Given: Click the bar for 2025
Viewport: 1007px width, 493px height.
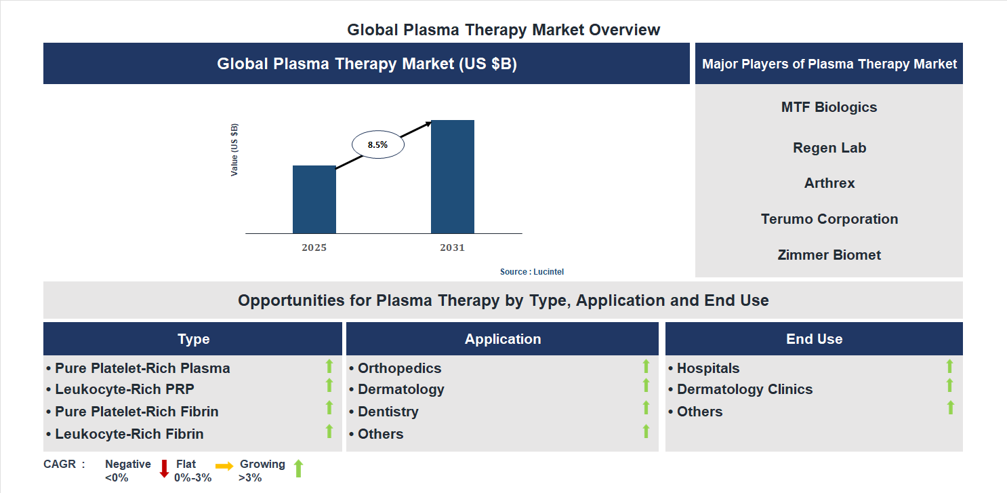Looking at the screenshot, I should [314, 199].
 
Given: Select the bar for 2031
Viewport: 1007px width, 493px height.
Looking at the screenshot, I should [452, 177].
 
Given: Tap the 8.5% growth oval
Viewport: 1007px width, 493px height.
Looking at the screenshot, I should [377, 144].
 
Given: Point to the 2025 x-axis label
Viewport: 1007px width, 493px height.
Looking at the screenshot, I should [314, 248].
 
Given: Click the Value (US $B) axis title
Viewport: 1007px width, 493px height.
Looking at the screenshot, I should [234, 150].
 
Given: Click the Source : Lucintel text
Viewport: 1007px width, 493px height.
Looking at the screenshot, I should [531, 271].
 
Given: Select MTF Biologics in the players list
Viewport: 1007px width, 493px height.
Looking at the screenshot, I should [829, 107].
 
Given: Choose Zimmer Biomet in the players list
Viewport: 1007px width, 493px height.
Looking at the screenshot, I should [829, 255].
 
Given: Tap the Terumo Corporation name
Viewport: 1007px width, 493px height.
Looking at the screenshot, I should [829, 219].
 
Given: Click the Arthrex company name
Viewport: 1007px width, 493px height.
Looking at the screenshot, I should [829, 183].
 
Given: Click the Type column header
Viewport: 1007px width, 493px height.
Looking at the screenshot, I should [193, 339].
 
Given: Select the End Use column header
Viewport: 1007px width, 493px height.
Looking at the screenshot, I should [814, 339].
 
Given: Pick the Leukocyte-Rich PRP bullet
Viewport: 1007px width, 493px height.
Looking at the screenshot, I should [124, 389].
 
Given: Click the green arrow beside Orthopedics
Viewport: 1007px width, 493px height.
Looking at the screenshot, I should [646, 366].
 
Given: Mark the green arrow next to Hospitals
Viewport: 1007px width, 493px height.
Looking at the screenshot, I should [949, 366].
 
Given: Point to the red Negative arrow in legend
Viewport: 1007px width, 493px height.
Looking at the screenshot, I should [164, 469].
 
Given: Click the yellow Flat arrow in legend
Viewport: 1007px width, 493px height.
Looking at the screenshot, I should [224, 466].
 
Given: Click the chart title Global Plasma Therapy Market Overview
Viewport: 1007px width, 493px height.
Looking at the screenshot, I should [503, 30].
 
